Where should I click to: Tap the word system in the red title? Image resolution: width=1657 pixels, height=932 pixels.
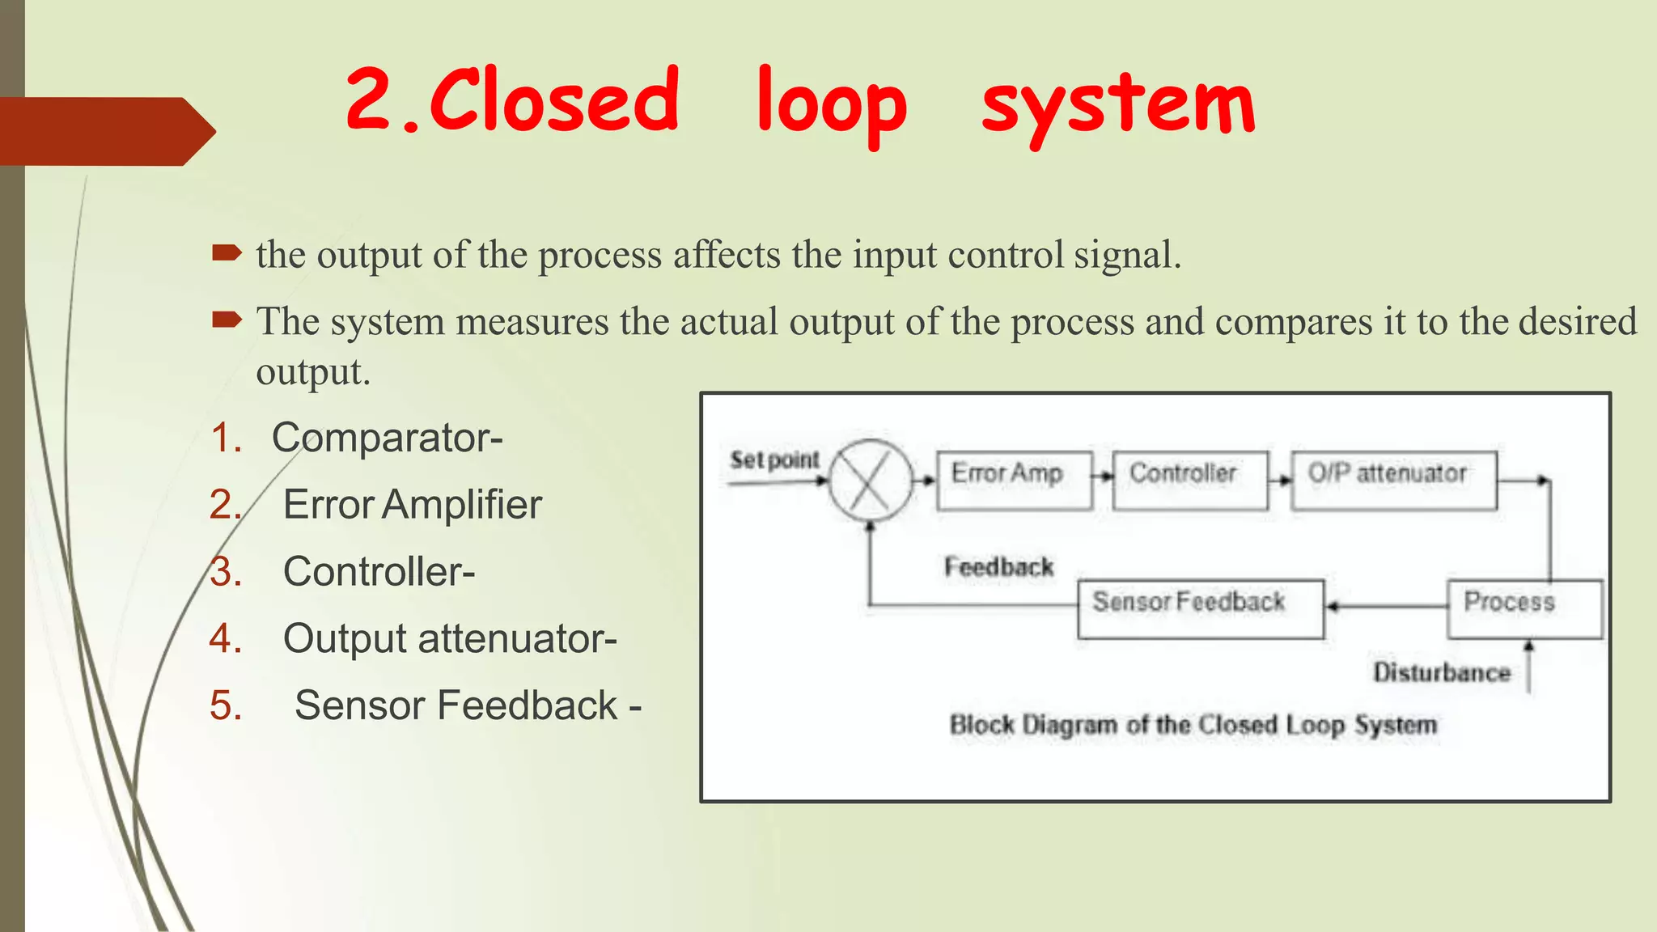click(x=1118, y=105)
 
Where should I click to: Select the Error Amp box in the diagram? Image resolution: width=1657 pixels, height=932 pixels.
click(x=1013, y=480)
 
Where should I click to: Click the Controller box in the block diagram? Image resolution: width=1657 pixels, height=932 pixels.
click(x=1189, y=480)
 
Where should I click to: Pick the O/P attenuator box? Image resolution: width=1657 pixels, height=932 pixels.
click(x=1393, y=480)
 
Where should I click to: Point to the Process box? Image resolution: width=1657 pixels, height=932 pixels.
click(x=1523, y=608)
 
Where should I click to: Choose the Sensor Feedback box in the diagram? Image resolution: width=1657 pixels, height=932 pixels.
click(x=1200, y=608)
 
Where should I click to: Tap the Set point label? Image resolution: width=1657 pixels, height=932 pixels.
click(x=774, y=460)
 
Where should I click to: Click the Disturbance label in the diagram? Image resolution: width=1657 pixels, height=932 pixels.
click(x=1441, y=671)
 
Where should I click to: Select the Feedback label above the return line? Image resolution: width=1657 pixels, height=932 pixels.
click(x=998, y=566)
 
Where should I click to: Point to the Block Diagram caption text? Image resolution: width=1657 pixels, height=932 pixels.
click(x=1193, y=724)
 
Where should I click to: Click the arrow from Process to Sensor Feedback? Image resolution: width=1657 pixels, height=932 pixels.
click(x=1385, y=606)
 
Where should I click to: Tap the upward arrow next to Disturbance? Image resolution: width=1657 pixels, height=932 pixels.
click(x=1528, y=665)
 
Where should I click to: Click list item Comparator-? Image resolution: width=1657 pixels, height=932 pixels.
click(x=387, y=438)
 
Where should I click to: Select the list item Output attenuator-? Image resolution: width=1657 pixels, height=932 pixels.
click(x=449, y=638)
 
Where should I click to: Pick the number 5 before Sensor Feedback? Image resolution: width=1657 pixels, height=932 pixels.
click(x=226, y=705)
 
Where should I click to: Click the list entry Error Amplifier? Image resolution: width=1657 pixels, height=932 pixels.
click(x=412, y=505)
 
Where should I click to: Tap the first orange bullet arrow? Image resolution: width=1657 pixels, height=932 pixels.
click(x=227, y=254)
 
